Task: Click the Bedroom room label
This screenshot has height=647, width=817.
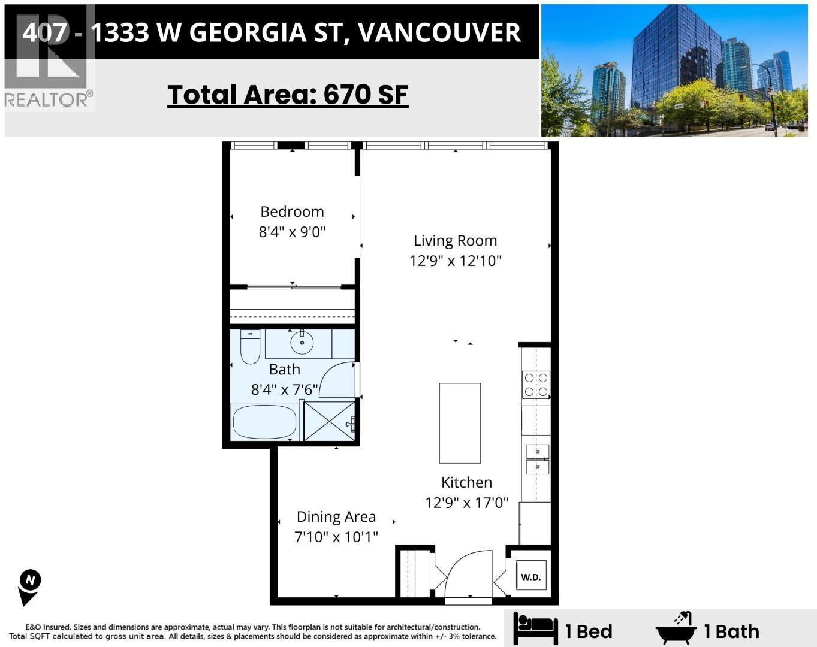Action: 292,211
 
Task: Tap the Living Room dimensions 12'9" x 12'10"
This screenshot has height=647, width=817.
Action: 455,261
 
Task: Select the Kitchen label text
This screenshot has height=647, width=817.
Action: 466,482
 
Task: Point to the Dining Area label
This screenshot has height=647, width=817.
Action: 336,516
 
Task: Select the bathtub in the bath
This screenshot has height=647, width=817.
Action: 264,422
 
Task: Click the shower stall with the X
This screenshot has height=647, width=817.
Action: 329,421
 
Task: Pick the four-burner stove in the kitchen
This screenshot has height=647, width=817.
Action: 535,385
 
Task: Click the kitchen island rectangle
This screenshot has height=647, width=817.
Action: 460,423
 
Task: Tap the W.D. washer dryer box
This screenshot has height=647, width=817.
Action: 530,577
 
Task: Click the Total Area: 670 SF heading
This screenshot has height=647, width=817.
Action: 288,95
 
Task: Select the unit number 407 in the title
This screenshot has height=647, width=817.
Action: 43,32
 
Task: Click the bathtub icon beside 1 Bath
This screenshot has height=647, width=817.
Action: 677,628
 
